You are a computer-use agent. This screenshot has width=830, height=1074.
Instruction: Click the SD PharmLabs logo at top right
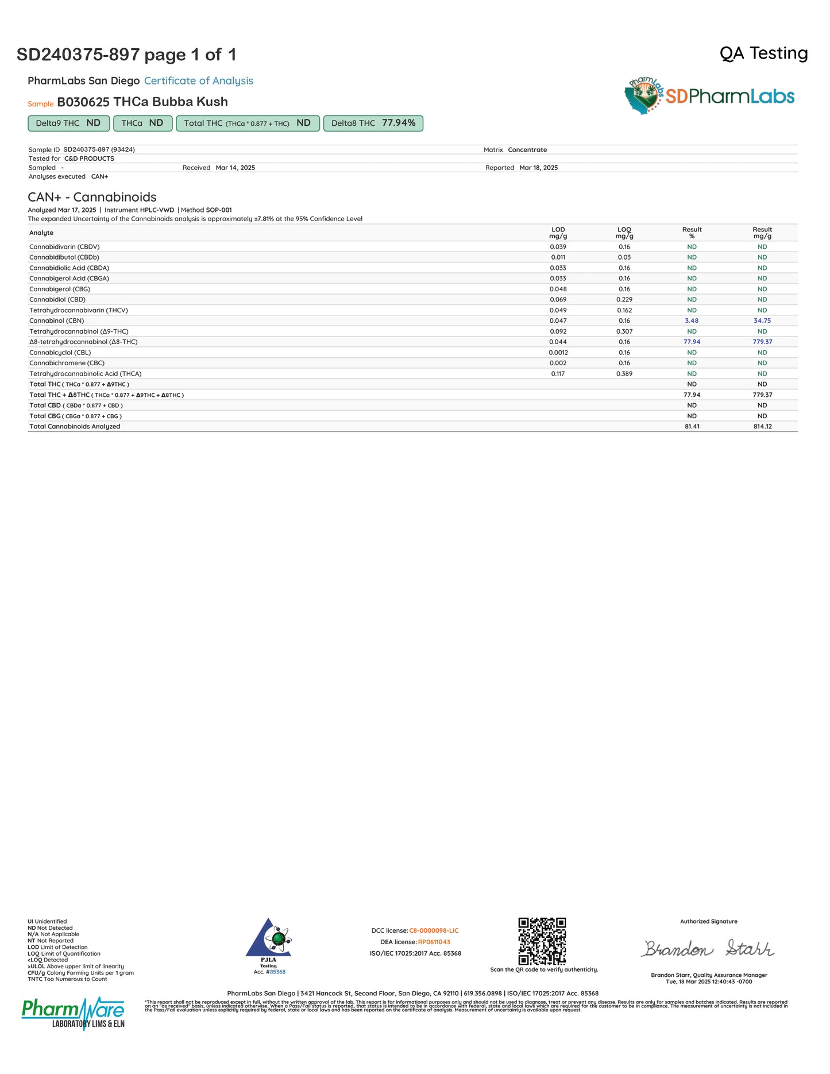pos(709,96)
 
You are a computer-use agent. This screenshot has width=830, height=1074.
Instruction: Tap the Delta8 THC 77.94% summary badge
pos(373,123)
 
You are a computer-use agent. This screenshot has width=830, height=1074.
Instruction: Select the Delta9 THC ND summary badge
pos(68,123)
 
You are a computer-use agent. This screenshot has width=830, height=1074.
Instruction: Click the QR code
pos(542,941)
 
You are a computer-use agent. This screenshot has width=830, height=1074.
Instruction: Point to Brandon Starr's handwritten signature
pos(708,948)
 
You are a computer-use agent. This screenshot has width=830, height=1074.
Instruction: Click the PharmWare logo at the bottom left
pos(73,1013)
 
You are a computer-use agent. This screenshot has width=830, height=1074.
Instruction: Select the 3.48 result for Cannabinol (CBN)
pos(692,321)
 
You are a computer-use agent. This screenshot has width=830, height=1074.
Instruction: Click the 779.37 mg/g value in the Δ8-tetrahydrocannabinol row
pos(762,342)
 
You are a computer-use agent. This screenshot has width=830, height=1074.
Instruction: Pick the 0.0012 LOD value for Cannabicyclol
pos(558,353)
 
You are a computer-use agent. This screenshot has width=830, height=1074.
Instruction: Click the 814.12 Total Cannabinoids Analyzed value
pos(762,427)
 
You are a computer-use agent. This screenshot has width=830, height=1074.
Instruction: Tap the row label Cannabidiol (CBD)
pos(57,300)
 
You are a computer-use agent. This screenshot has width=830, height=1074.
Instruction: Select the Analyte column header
pos(41,233)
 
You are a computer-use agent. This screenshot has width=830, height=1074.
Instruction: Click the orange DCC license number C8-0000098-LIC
pos(434,930)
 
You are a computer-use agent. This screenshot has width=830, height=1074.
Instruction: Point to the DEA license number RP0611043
pos(434,942)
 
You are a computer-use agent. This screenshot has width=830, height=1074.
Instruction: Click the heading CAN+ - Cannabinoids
pos(92,197)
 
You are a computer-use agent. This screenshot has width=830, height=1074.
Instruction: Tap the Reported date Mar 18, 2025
pos(538,168)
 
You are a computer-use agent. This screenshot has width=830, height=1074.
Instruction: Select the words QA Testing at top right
pos(763,53)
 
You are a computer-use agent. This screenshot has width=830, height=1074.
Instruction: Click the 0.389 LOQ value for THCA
pos(624,374)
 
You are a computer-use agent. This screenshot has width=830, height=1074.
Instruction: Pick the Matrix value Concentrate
pos(527,150)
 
